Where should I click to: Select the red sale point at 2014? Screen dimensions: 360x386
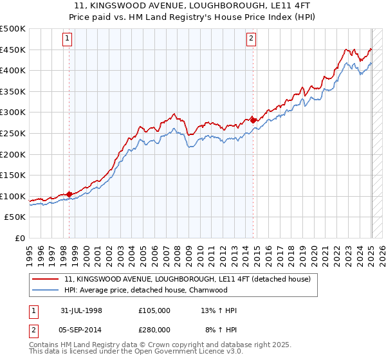click(253, 120)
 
